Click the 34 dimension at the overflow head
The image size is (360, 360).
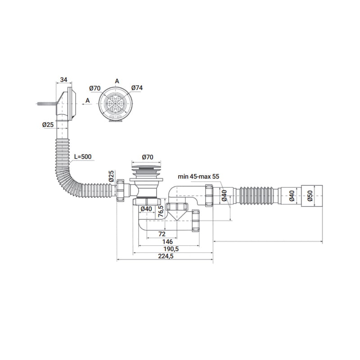coord(63,80)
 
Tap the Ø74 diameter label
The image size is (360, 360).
coord(137,88)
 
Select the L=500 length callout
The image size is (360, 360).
coord(83,157)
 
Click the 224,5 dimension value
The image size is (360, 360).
coord(166,256)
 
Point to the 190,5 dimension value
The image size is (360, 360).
coord(171,249)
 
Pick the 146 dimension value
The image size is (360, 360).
coord(167,242)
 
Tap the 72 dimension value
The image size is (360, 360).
coord(162,234)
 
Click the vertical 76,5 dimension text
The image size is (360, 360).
coord(161,211)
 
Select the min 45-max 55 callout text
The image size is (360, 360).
coord(198,176)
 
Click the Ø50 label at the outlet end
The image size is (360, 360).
coord(310,196)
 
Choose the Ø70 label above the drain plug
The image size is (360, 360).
coord(148,157)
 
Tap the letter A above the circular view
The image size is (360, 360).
coord(117,81)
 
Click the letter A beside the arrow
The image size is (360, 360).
coord(88,100)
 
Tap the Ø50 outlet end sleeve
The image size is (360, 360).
coord(312,196)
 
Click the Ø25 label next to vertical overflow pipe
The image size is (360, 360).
coord(48,125)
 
